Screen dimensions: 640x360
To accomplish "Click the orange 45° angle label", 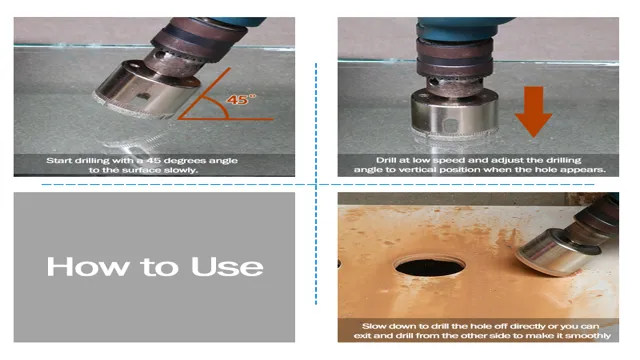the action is point(241,99).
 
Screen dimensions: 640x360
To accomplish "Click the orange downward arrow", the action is point(533,111).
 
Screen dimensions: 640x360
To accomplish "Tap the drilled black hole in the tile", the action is point(430,266).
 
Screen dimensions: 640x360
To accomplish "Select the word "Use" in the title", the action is point(227,267).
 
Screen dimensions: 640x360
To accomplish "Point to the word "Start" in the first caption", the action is point(60,160).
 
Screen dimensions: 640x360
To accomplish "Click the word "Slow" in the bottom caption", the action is point(373,326).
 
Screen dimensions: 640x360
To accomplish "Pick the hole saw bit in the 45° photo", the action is point(147,91).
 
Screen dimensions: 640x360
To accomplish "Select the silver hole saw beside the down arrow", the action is point(454,113).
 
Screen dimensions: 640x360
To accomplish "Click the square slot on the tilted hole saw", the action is point(143,97).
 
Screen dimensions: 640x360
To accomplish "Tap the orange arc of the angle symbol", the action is point(218,105).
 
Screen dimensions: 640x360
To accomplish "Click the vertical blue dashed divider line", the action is point(316,184).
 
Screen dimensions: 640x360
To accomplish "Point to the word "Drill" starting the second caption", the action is point(385,160).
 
